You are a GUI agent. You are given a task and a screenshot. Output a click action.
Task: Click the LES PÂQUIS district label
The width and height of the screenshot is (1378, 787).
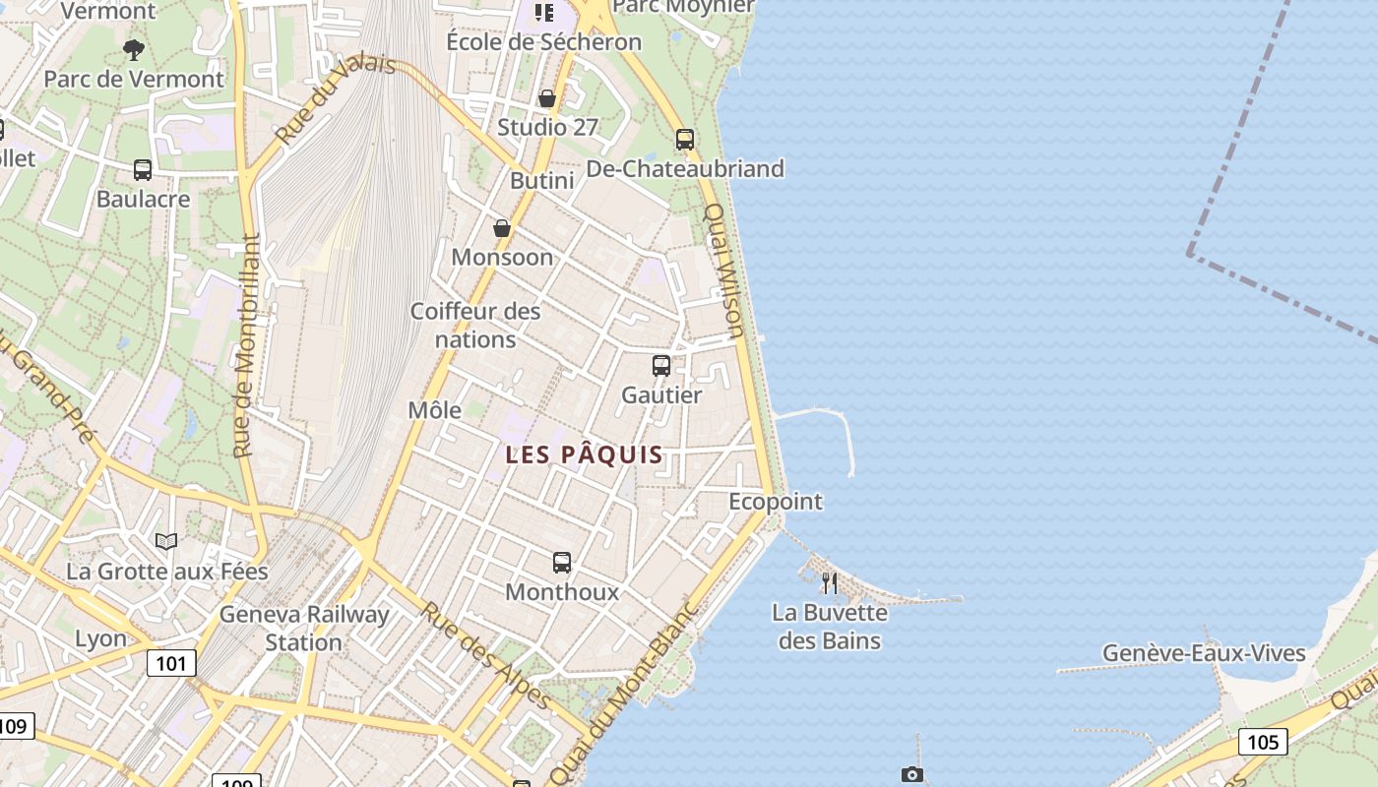(x=584, y=455)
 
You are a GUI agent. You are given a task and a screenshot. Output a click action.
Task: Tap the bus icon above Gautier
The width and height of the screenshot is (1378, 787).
(x=661, y=366)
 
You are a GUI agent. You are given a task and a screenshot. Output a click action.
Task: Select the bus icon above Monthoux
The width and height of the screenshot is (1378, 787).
(x=562, y=563)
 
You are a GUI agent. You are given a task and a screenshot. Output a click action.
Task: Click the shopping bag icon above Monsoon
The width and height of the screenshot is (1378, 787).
(x=502, y=228)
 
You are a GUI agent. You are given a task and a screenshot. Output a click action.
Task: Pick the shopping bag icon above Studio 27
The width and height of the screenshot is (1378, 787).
(x=547, y=98)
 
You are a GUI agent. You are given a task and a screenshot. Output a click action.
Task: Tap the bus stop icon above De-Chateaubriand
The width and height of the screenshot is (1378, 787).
(x=685, y=140)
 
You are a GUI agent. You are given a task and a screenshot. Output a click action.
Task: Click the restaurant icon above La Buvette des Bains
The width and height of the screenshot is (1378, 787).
(x=830, y=583)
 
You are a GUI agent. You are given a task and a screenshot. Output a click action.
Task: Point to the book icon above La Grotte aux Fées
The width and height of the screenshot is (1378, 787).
(x=166, y=541)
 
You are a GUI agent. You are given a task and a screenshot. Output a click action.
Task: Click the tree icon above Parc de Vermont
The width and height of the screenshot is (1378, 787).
(x=134, y=49)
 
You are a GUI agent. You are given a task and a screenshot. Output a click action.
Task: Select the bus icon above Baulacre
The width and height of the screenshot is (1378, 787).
(x=143, y=170)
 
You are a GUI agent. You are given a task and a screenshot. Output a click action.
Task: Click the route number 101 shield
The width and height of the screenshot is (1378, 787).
(x=171, y=663)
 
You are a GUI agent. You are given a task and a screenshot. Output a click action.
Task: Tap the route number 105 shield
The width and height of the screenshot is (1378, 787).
(x=1263, y=741)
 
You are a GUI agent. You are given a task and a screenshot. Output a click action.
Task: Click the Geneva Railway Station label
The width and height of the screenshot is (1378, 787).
(x=304, y=629)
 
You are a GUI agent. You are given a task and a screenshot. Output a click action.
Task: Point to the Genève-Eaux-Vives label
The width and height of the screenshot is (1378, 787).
(x=1204, y=653)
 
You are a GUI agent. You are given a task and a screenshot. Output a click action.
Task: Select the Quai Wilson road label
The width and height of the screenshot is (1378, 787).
(x=723, y=270)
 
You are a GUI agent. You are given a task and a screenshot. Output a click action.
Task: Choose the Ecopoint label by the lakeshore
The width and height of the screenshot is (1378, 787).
(x=775, y=502)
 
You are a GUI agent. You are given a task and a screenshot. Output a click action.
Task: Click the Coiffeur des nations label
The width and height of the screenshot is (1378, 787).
(x=475, y=326)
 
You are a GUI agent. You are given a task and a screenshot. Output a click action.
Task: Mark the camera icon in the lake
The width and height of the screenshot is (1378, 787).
(x=912, y=775)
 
